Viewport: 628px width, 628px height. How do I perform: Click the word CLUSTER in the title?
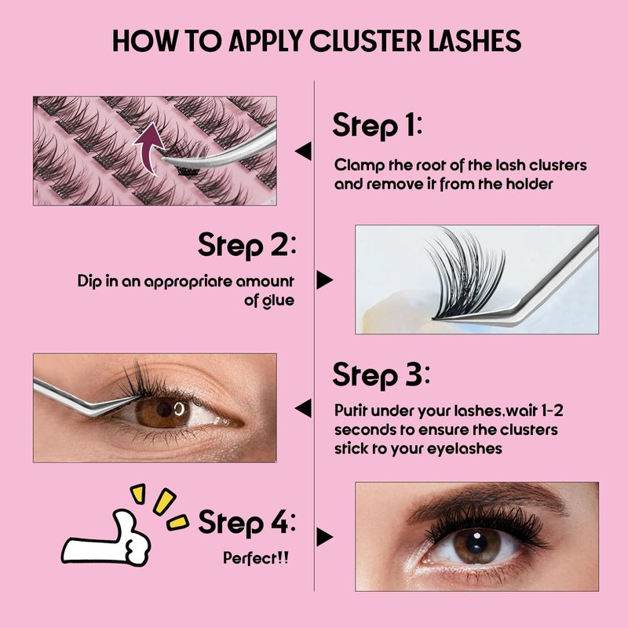coord(366,41)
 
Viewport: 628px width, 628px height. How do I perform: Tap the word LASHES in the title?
coord(475,41)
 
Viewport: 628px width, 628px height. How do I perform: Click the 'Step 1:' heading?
coord(378,125)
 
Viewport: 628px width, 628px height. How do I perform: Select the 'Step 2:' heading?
coord(247,245)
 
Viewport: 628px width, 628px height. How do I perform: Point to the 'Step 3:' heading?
coord(381,375)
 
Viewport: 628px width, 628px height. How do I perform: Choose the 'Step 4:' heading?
coord(247,522)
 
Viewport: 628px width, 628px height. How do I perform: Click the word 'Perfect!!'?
coord(256,558)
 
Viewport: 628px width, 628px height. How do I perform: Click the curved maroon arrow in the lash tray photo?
coord(148,148)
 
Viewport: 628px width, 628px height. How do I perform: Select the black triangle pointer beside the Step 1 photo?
coord(304,151)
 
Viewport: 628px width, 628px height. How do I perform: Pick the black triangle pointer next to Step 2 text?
coord(324,279)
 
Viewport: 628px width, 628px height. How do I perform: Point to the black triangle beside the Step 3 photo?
coord(304,408)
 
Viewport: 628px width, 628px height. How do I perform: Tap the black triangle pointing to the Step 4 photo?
coord(324,537)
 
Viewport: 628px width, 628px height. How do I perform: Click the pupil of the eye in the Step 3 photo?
coord(164,409)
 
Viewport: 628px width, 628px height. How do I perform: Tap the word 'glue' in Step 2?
coord(278,301)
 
